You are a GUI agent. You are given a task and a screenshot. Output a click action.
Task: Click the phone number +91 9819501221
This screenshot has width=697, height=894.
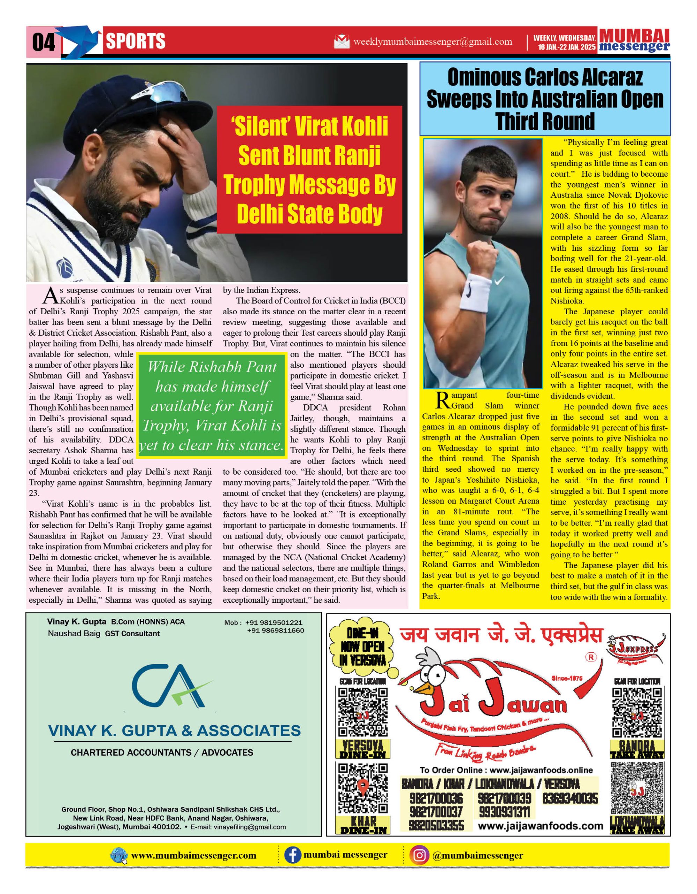pos(274,623)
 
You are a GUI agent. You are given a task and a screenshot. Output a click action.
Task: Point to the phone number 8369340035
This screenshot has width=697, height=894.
pos(570,799)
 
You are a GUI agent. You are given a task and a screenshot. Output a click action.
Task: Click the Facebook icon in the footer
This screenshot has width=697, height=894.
pos(292,856)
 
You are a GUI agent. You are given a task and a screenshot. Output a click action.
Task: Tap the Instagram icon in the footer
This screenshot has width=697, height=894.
pos(419,856)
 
